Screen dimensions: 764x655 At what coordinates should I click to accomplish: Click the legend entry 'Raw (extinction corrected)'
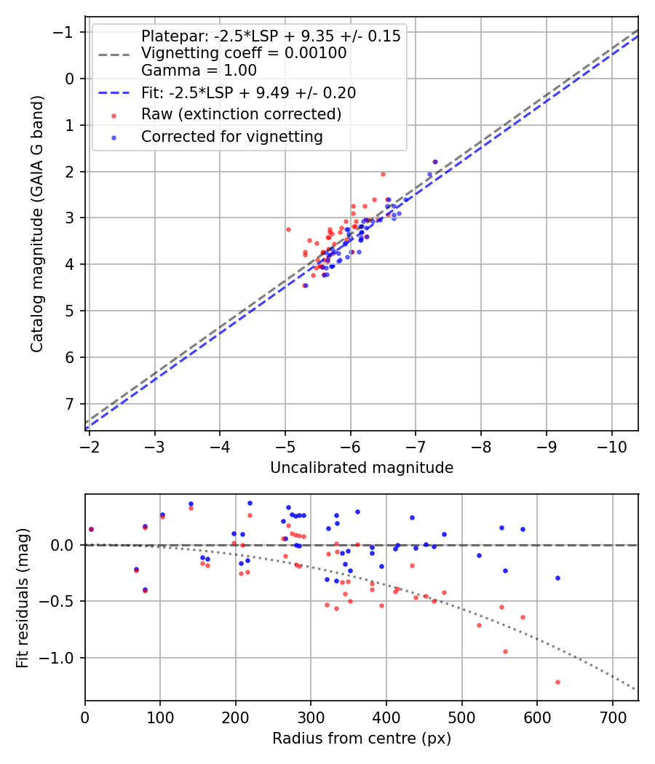pyautogui.click(x=241, y=114)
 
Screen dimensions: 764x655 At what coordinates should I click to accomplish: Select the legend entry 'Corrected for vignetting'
pyautogui.click(x=231, y=136)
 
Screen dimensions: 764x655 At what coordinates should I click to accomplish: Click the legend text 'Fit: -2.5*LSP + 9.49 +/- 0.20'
pyautogui.click(x=248, y=93)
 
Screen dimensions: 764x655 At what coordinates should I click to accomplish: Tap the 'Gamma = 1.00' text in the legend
pyautogui.click(x=199, y=71)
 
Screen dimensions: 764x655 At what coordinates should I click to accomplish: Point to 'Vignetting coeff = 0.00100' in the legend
pyautogui.click(x=244, y=53)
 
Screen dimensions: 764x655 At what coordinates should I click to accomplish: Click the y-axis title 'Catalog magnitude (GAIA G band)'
pyautogui.click(x=37, y=223)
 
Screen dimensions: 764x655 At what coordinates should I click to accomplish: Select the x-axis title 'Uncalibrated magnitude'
pyautogui.click(x=362, y=468)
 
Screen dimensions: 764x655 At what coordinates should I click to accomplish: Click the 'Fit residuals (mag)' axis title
pyautogui.click(x=23, y=597)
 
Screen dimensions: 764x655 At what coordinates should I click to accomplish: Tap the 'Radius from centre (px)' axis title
pyautogui.click(x=362, y=739)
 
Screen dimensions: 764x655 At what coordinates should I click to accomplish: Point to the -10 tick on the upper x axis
pyautogui.click(x=611, y=445)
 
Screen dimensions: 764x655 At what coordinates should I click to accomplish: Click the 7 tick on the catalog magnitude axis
pyautogui.click(x=70, y=404)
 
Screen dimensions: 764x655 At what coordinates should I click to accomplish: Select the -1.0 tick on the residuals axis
pyautogui.click(x=62, y=658)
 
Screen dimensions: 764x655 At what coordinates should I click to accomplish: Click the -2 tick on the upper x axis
pyautogui.click(x=90, y=445)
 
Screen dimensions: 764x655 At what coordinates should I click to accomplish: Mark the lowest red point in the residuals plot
pyautogui.click(x=557, y=682)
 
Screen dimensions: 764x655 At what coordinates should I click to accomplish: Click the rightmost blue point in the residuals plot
pyautogui.click(x=557, y=578)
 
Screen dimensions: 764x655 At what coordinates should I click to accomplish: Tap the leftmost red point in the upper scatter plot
pyautogui.click(x=288, y=229)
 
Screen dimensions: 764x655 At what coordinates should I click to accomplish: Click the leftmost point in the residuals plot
pyautogui.click(x=91, y=529)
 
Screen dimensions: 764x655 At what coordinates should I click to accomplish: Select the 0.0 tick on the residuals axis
pyautogui.click(x=65, y=545)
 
